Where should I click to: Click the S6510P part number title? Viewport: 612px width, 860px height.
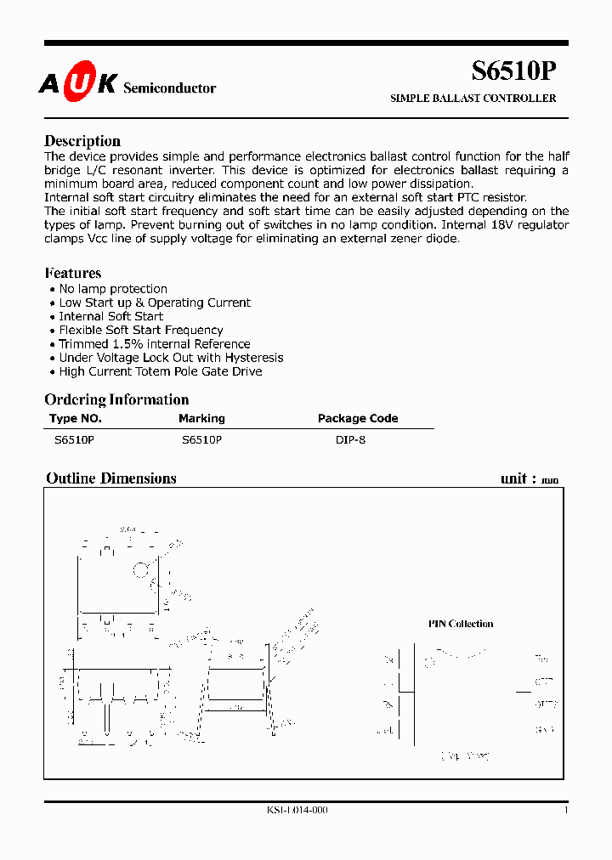(x=514, y=71)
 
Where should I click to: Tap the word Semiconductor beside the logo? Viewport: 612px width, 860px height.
(x=170, y=88)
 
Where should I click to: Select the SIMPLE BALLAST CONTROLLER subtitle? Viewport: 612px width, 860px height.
(x=473, y=99)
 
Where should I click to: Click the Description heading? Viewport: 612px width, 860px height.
(x=82, y=141)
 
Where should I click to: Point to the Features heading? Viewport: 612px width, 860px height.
(x=73, y=273)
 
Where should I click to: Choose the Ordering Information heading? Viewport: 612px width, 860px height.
(x=116, y=399)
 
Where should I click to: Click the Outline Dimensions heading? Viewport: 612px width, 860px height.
(x=111, y=478)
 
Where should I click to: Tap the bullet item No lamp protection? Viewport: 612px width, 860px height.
(x=113, y=289)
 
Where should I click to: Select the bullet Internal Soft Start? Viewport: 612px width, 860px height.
(x=110, y=316)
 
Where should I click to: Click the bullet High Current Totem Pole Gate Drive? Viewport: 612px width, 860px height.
(x=160, y=371)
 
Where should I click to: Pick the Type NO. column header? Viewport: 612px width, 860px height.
(x=76, y=418)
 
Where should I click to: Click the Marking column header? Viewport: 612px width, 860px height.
(x=201, y=418)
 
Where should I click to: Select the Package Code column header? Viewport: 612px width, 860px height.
(x=358, y=418)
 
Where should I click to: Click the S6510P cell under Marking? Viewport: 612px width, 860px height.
(x=201, y=440)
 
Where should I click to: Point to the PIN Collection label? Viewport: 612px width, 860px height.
(x=461, y=624)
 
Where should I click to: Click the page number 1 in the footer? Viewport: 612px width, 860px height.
(x=566, y=810)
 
